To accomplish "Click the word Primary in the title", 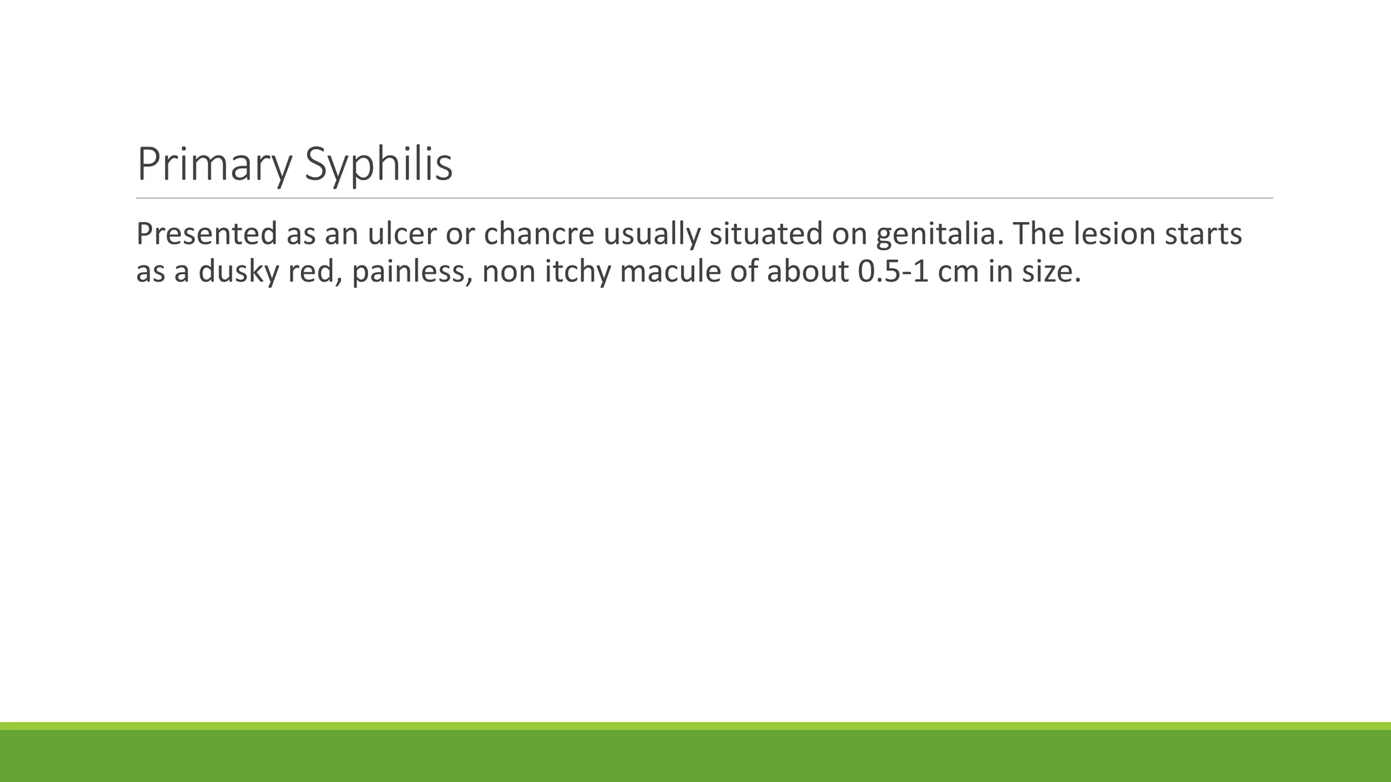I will (214, 165).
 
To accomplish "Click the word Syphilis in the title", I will (378, 165).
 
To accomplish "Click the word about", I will (808, 272).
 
